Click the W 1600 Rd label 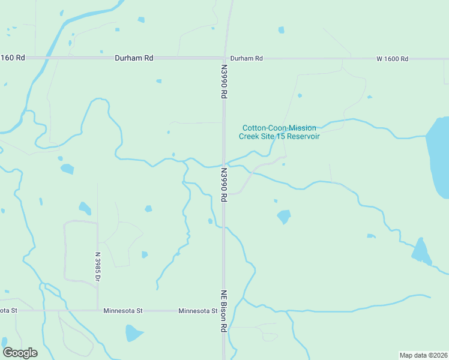click(x=392, y=59)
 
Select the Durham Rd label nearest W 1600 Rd click(x=246, y=58)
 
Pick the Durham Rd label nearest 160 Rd click(x=134, y=58)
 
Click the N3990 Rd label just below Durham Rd click(x=224, y=82)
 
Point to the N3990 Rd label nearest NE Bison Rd click(x=223, y=184)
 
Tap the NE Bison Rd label click(x=223, y=311)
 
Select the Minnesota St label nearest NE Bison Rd click(x=197, y=311)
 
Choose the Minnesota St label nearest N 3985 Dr click(x=122, y=311)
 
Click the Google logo click(x=20, y=353)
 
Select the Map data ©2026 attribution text click(x=424, y=355)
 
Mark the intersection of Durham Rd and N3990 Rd click(x=226, y=58)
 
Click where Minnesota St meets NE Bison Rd click(x=224, y=311)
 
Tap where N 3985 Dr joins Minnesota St click(x=97, y=310)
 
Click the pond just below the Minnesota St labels click(x=133, y=333)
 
